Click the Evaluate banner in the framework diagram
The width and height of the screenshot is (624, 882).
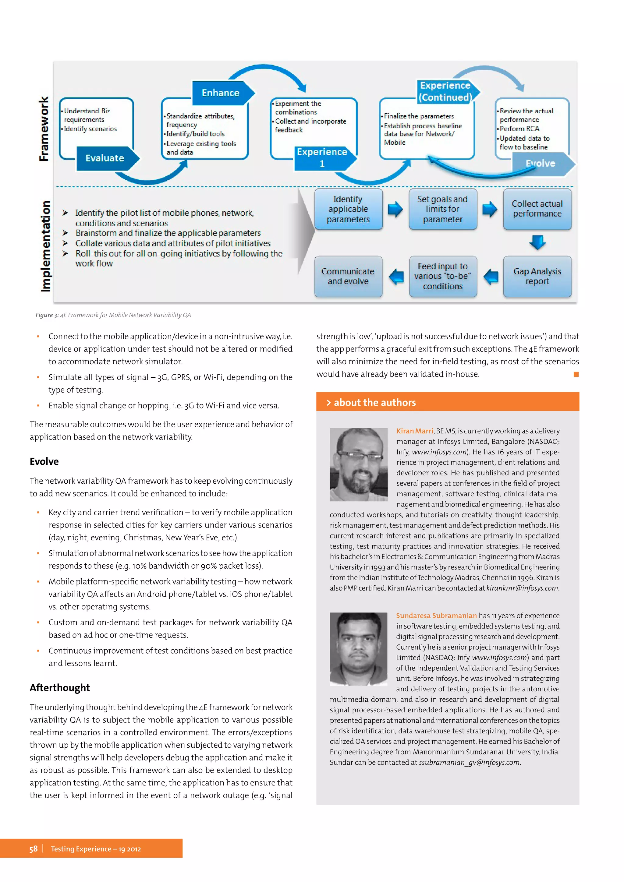click(x=105, y=158)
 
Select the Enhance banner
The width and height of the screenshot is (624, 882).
click(x=221, y=93)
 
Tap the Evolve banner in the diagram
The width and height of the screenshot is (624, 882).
click(x=540, y=164)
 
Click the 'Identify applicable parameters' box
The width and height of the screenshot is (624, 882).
click(x=348, y=209)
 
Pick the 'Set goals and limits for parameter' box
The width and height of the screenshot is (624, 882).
click(x=443, y=209)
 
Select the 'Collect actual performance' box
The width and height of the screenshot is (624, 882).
click(x=537, y=209)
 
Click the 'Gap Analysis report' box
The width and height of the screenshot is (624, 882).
click(x=537, y=276)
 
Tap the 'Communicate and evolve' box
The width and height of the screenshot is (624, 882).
click(x=348, y=276)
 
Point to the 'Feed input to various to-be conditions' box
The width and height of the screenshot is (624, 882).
click(x=443, y=276)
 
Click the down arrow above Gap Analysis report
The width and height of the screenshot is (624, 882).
click(x=537, y=242)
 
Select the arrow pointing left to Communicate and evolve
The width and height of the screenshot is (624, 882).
click(x=396, y=277)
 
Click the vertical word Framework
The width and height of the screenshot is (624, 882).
click(x=44, y=129)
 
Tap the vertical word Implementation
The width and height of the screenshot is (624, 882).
click(x=46, y=246)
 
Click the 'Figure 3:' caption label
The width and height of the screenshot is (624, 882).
click(x=47, y=315)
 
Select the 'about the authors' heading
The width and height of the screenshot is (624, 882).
click(x=375, y=403)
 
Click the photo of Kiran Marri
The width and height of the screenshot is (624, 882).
click(x=359, y=464)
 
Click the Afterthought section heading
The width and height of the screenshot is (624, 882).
click(x=60, y=688)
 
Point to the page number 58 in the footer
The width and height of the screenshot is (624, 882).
click(x=34, y=849)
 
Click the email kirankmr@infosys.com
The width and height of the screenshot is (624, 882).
click(x=522, y=588)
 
